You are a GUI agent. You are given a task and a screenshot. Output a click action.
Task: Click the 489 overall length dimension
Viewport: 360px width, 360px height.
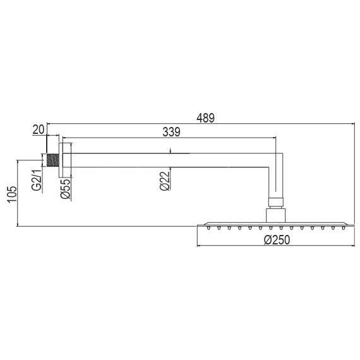206,117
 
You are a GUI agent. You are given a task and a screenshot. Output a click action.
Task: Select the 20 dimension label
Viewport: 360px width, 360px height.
38,129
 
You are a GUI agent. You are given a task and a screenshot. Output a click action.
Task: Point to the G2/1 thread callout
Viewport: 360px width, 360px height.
37,177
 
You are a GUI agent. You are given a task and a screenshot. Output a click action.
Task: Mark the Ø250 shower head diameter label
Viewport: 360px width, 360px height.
276,240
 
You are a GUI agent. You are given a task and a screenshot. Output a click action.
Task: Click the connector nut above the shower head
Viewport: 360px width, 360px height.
276,203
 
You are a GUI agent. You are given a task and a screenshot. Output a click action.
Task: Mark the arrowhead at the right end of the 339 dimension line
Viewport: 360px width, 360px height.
275,137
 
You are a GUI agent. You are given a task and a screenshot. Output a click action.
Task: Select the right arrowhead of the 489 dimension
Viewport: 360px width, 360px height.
351,124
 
